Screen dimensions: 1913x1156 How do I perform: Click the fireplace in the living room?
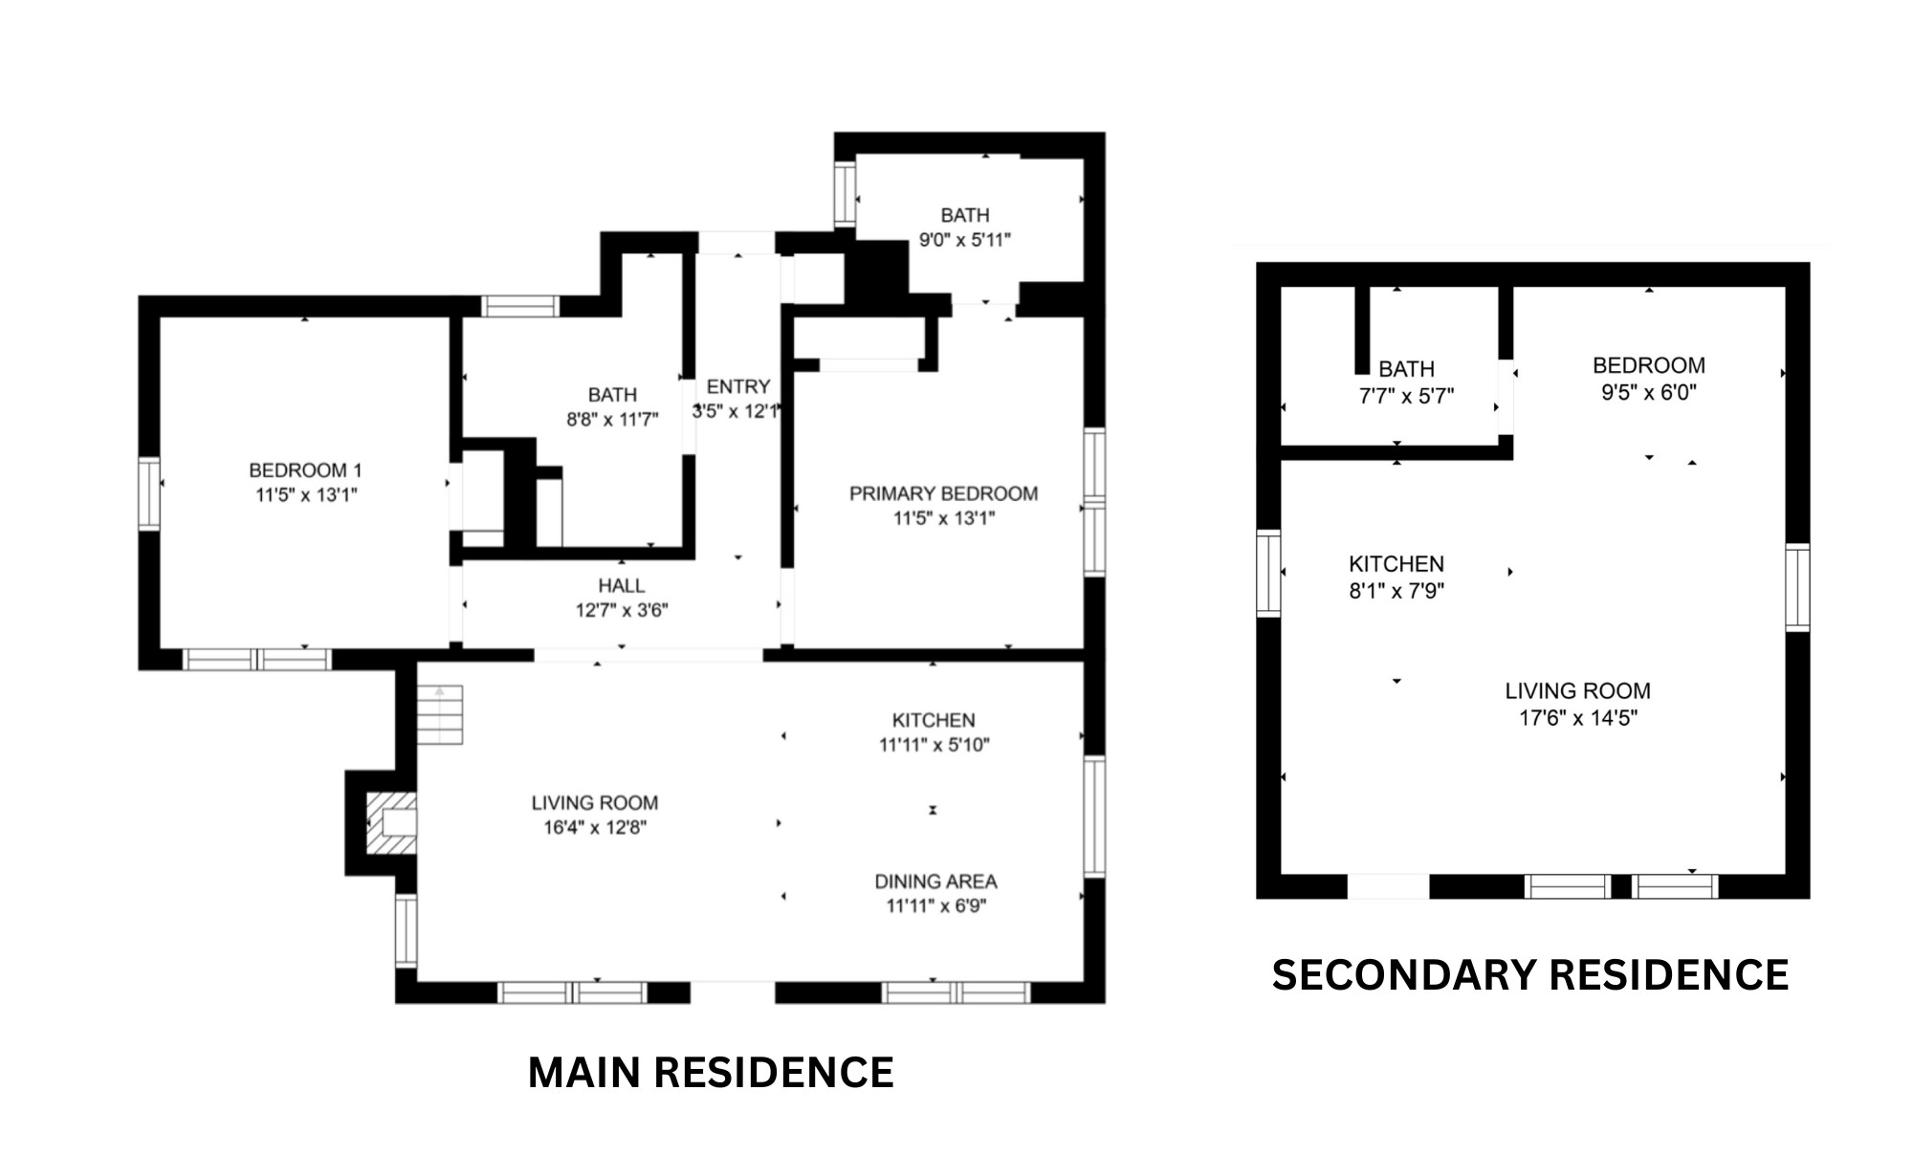(390, 822)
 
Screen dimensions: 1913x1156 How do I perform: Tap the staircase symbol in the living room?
(440, 714)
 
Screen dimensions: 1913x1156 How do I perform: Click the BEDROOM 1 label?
(305, 470)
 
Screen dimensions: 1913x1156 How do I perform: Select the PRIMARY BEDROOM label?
(943, 493)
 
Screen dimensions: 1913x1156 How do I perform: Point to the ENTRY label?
(738, 386)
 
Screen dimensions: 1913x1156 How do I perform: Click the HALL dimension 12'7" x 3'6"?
(622, 610)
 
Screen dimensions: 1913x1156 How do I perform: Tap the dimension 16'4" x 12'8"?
(595, 827)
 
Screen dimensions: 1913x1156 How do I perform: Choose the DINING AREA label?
(935, 881)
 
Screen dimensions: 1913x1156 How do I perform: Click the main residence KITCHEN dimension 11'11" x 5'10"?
(934, 744)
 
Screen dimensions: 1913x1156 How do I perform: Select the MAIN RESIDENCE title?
(711, 1072)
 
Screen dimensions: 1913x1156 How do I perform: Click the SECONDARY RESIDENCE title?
(1530, 974)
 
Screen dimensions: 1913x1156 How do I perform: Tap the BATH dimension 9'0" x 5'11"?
(965, 239)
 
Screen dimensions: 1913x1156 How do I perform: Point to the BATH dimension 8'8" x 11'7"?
(612, 419)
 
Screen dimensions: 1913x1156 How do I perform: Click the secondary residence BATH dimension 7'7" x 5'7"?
(1406, 395)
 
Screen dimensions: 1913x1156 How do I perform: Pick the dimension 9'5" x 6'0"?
(1649, 392)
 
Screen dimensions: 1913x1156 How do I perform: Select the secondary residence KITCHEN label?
(1396, 563)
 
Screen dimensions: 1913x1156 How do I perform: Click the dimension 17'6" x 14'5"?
(1578, 717)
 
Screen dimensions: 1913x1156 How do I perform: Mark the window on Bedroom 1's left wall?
(149, 493)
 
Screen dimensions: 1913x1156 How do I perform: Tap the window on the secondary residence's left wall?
(1268, 573)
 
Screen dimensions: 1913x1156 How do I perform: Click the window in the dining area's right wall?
(1094, 817)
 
